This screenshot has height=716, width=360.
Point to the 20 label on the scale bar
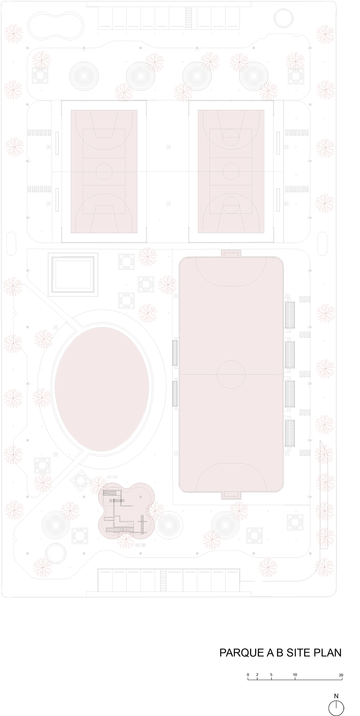click(340, 665)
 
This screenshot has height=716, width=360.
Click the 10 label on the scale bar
click(295, 665)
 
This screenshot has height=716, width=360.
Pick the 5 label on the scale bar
click(271, 665)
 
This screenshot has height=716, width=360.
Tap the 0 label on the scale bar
click(248, 665)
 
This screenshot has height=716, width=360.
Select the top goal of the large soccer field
click(231, 254)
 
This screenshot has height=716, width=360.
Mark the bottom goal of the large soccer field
click(231, 495)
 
